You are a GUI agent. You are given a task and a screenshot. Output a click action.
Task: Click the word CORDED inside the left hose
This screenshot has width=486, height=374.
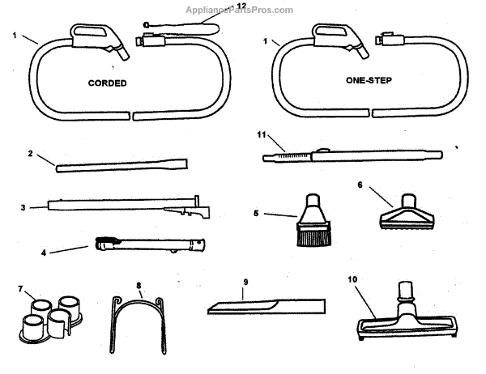[107, 83]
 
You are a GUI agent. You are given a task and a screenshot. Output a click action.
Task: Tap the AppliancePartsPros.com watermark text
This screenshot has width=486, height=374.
[241, 9]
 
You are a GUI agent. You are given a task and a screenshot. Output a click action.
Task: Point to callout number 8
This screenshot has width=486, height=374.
[139, 286]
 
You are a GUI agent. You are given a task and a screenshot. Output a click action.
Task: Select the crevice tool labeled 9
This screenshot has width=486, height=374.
[267, 307]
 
